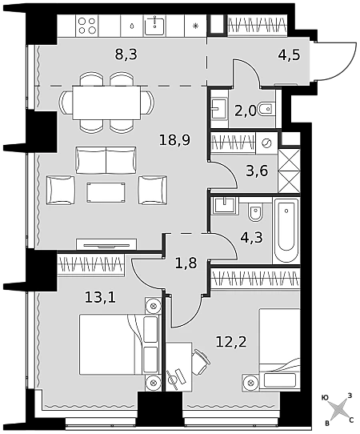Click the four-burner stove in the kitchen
(x=87, y=26)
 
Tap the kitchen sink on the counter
(x=154, y=25)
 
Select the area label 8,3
(x=126, y=54)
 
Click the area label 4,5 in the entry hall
(x=289, y=54)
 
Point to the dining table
(x=106, y=102)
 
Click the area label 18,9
(x=175, y=140)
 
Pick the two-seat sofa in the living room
(x=106, y=160)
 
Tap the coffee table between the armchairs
(x=106, y=192)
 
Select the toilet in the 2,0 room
(x=266, y=110)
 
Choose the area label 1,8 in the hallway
(x=186, y=263)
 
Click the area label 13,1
(x=100, y=298)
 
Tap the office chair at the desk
(x=201, y=361)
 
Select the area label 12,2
(x=231, y=342)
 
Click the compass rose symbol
(x=338, y=411)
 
